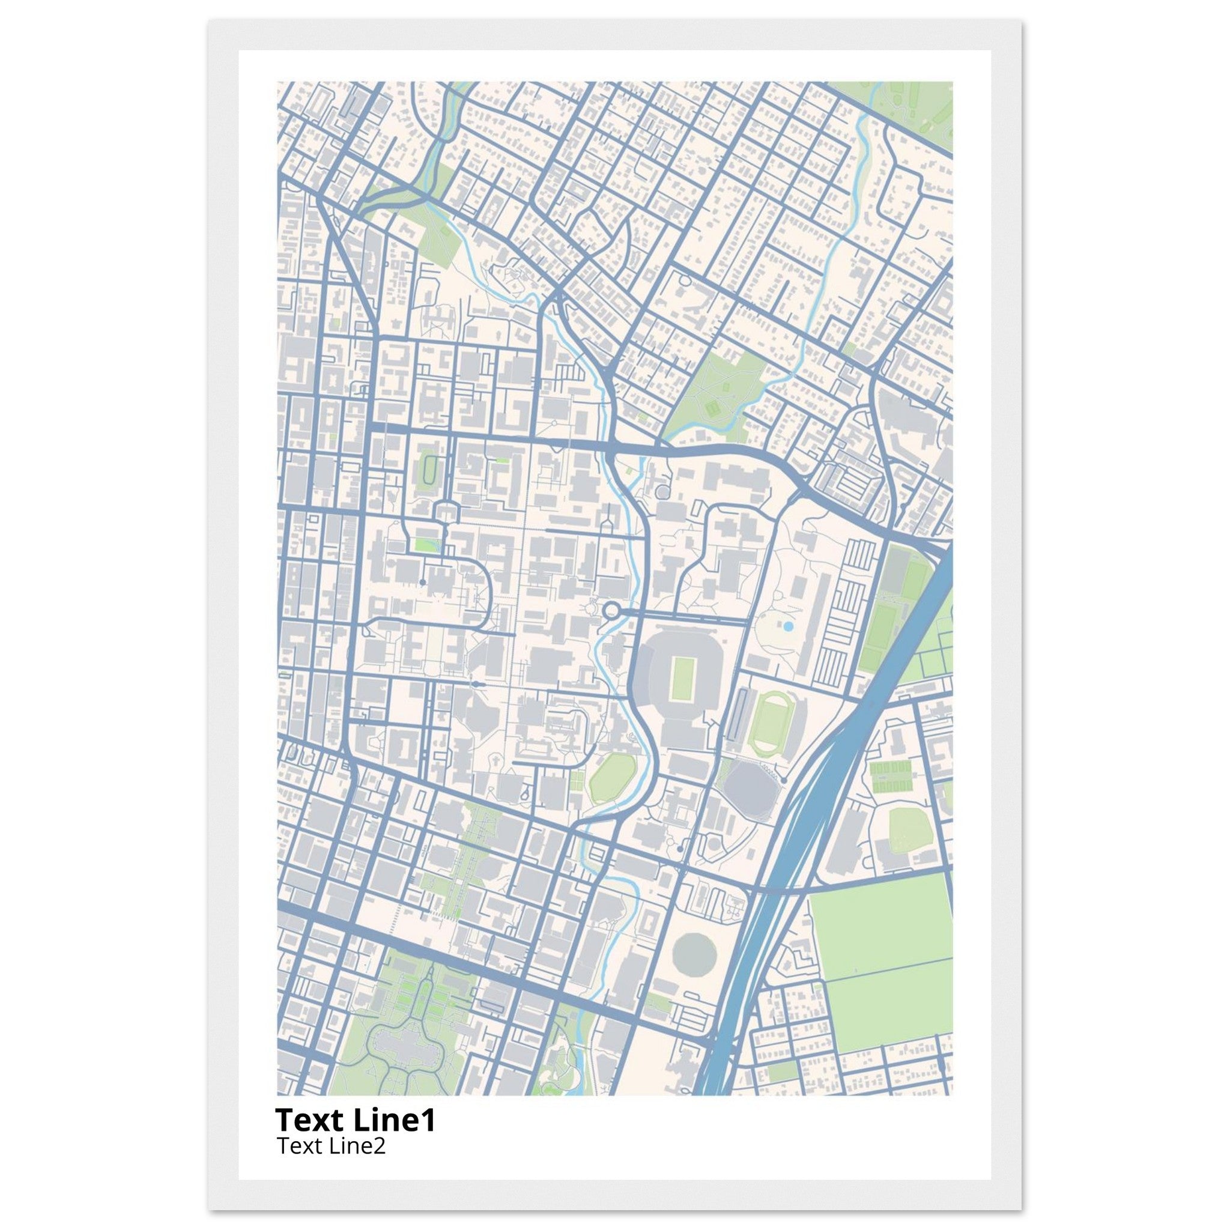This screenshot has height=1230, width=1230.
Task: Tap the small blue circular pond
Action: click(x=789, y=627)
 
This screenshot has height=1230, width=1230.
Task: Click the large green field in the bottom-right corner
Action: click(x=882, y=974)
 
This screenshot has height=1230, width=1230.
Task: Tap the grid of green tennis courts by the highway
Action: click(x=891, y=777)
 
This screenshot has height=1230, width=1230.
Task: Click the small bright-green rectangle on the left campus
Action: click(x=423, y=545)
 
